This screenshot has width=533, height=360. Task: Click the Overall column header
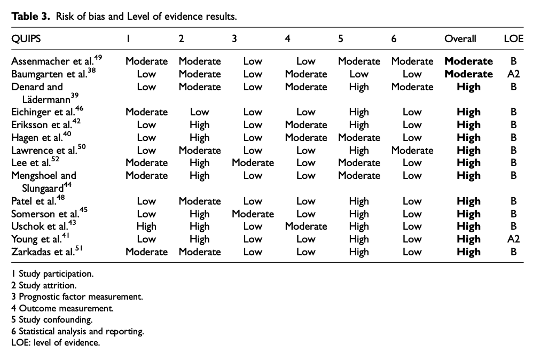(x=460, y=39)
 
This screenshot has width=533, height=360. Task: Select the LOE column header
(x=513, y=39)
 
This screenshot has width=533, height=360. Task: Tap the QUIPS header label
(x=26, y=39)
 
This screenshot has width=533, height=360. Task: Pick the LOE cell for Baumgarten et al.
(x=513, y=74)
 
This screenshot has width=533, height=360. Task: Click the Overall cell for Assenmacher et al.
(x=468, y=61)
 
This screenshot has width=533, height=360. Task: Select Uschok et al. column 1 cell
(x=146, y=226)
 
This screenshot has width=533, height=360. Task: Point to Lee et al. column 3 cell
(x=253, y=163)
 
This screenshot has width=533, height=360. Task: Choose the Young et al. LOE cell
(x=513, y=239)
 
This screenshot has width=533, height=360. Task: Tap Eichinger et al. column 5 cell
(x=359, y=112)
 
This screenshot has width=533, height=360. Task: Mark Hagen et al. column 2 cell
(x=200, y=138)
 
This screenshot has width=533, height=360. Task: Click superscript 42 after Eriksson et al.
(x=76, y=121)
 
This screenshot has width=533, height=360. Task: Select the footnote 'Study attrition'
(x=44, y=285)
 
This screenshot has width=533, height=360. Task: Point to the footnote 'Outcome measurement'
(x=62, y=308)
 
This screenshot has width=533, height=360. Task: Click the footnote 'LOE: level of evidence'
(x=56, y=342)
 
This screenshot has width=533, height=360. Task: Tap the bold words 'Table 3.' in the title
(x=30, y=17)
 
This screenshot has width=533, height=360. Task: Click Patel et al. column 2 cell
(x=200, y=201)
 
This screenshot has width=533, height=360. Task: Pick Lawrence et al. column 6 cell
(x=412, y=150)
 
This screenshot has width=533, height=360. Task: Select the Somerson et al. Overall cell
(x=468, y=214)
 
